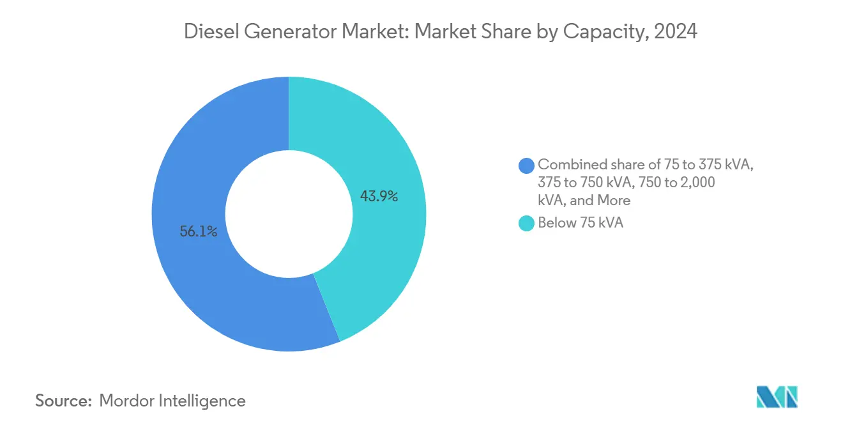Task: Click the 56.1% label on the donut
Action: pos(199,232)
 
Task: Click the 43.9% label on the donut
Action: pos(379,197)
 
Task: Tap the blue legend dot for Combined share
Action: pos(527,165)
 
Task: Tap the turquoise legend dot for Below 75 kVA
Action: pos(527,223)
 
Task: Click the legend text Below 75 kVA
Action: pos(580,223)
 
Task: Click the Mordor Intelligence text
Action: pos(172,401)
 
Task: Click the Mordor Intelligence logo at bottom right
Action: pos(777,397)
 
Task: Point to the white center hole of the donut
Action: pos(289,214)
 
